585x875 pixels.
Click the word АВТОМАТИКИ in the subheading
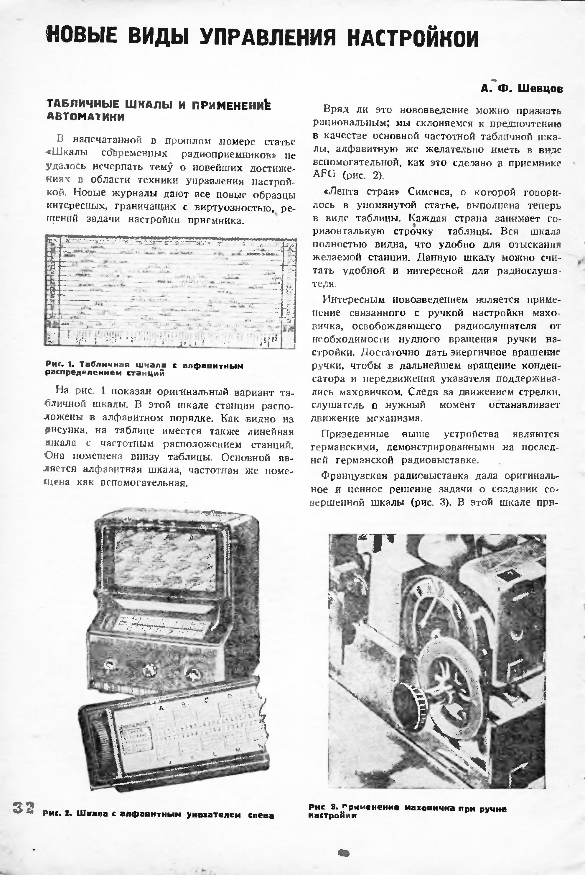[85, 117]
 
